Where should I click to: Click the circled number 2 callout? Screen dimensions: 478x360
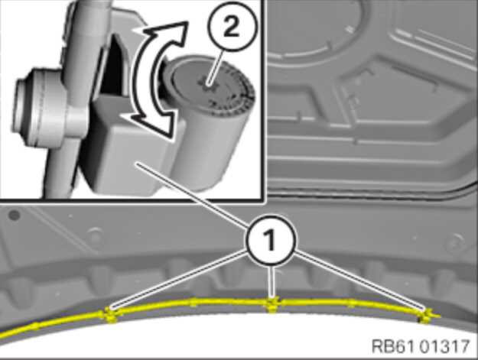tap(232, 27)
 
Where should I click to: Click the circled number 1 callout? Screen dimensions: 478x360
tap(270, 240)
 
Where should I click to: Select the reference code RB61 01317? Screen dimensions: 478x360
tap(421, 346)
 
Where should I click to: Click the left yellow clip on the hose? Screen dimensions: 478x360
tap(110, 314)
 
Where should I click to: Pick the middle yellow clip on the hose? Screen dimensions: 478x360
tap(272, 303)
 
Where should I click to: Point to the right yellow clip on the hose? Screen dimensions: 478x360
tap(427, 316)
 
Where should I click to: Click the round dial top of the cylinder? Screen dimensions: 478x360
tap(210, 86)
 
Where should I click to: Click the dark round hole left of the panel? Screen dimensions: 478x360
tap(15, 216)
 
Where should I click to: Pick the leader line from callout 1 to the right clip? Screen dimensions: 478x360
tap(359, 281)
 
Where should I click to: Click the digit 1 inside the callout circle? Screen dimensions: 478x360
tap(270, 240)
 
